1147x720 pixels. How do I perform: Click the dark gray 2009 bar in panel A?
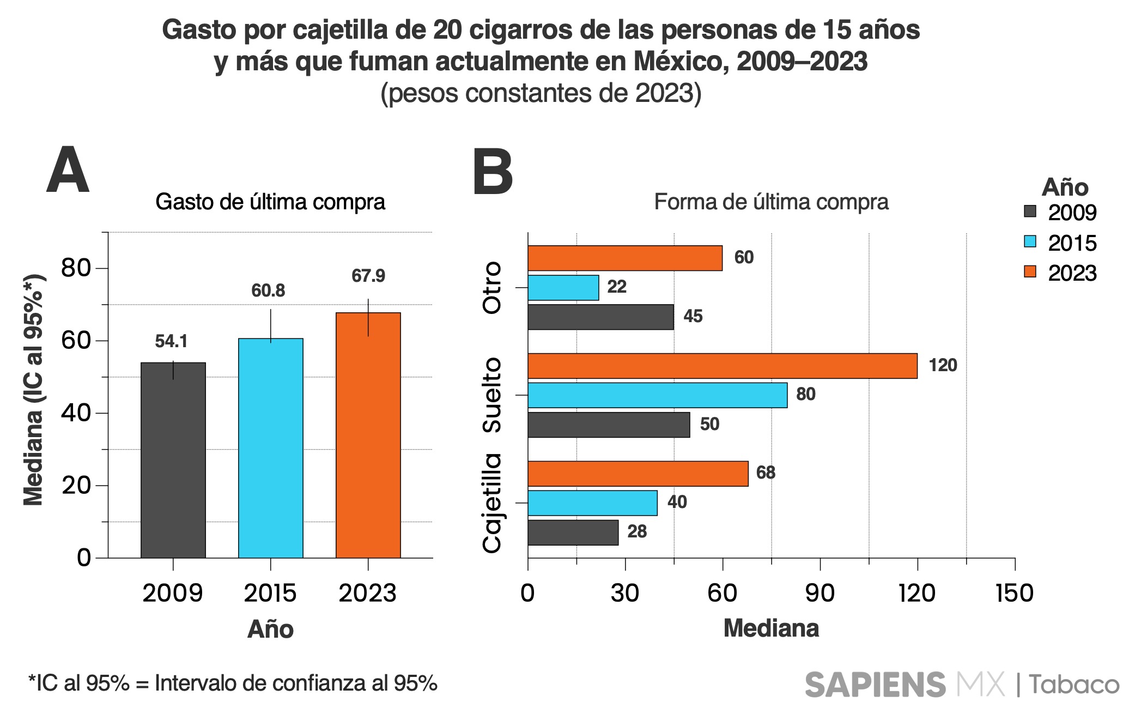(x=173, y=461)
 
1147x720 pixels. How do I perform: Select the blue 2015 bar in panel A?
(x=270, y=448)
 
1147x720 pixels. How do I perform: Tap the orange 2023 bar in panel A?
(x=368, y=435)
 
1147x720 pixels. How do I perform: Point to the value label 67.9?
(x=368, y=276)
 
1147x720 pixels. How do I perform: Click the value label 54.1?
(x=171, y=341)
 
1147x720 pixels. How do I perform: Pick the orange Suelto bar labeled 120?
(x=722, y=366)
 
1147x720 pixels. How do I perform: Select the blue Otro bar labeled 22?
(x=563, y=287)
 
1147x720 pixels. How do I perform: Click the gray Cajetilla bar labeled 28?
(x=573, y=533)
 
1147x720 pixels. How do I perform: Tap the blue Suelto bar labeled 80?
(x=657, y=395)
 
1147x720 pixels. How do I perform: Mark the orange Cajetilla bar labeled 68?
(x=638, y=474)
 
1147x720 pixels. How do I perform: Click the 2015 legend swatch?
(x=1029, y=241)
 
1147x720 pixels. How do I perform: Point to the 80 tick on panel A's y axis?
(x=76, y=268)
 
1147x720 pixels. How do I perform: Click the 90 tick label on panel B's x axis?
(x=820, y=593)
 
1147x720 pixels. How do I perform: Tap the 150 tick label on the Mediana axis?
(x=1014, y=593)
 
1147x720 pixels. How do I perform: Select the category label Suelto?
(x=492, y=395)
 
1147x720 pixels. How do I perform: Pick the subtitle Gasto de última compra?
(x=270, y=202)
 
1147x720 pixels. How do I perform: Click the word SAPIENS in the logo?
(x=875, y=685)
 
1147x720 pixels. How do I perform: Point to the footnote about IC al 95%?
(x=233, y=683)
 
